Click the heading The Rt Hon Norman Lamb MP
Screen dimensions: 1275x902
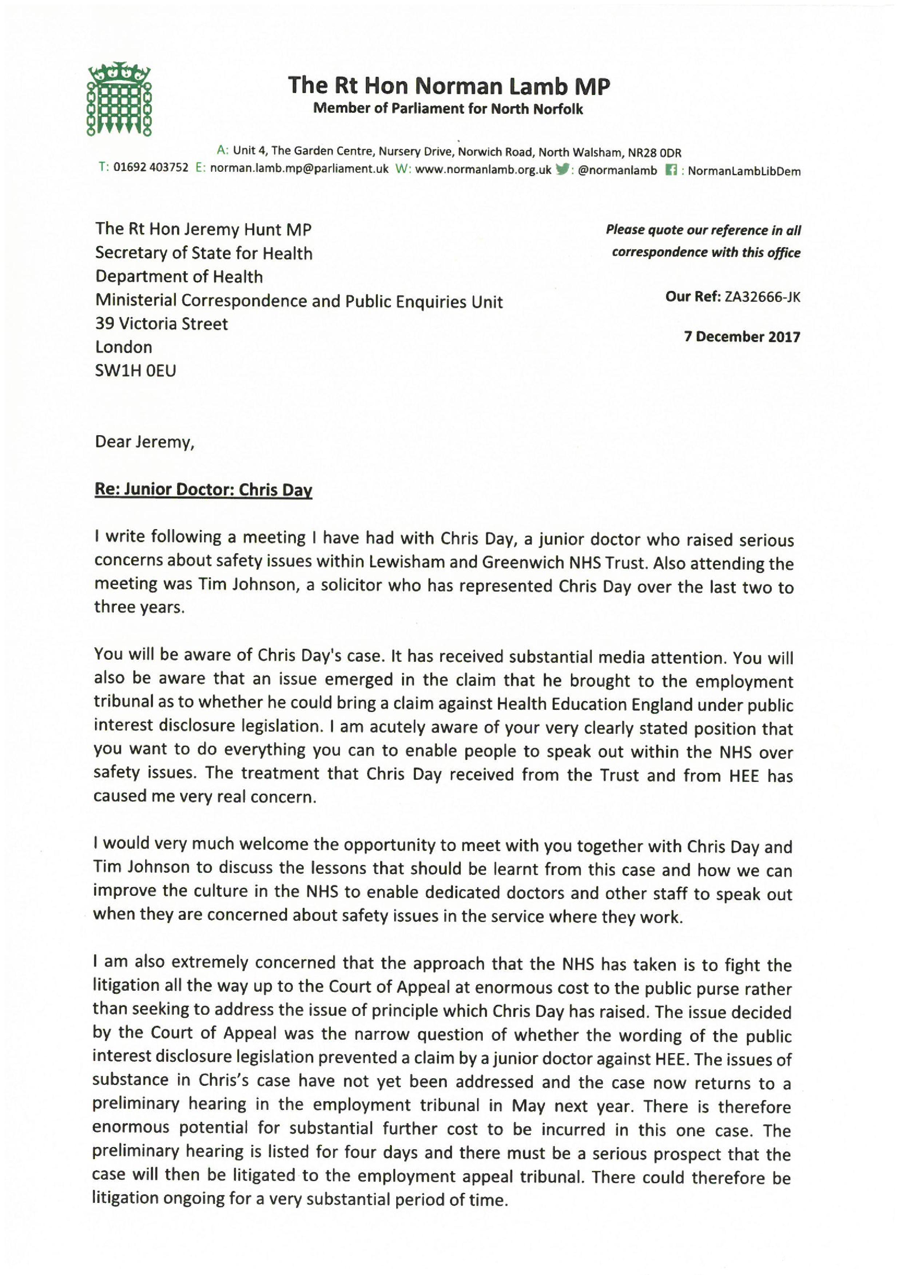click(x=449, y=86)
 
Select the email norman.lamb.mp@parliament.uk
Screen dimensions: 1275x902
click(x=299, y=169)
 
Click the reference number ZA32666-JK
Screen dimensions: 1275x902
click(x=762, y=297)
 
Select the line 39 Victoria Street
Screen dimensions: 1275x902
click(x=162, y=324)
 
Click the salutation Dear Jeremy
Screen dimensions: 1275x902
click(x=144, y=442)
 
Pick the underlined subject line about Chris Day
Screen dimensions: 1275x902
click(x=203, y=490)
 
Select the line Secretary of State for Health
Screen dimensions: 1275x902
click(x=204, y=253)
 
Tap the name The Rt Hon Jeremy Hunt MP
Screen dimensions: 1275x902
click(x=203, y=229)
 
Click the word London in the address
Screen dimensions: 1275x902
click(x=124, y=347)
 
